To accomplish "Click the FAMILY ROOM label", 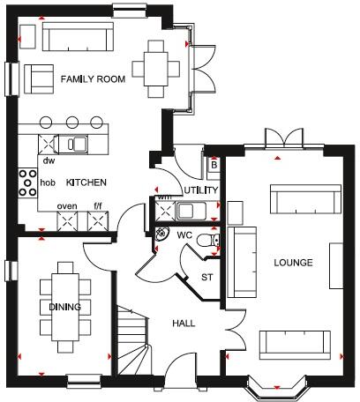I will pyautogui.click(x=93, y=79).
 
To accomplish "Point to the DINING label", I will pyautogui.click(x=65, y=307).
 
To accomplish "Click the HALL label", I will pyautogui.click(x=184, y=323).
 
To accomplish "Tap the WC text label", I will pyautogui.click(x=184, y=235).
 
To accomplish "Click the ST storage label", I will pyautogui.click(x=208, y=277).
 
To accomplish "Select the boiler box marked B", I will pyautogui.click(x=213, y=165).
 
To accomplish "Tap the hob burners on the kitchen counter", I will pyautogui.click(x=27, y=183).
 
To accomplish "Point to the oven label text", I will pyautogui.click(x=67, y=206).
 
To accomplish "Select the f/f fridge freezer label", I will pyautogui.click(x=98, y=206).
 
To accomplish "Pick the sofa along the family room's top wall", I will pyautogui.click(x=78, y=38).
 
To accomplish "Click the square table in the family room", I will pyautogui.click(x=156, y=68).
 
